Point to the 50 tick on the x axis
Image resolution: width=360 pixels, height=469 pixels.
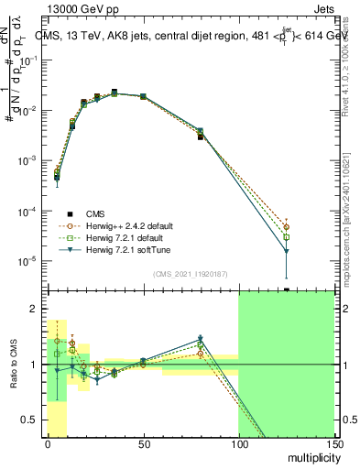pos(143,444)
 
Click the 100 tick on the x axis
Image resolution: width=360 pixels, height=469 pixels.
pos(238,444)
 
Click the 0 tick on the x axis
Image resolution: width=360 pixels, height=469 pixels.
pos(48,444)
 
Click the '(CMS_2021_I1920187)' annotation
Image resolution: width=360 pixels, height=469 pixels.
pos(190,273)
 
